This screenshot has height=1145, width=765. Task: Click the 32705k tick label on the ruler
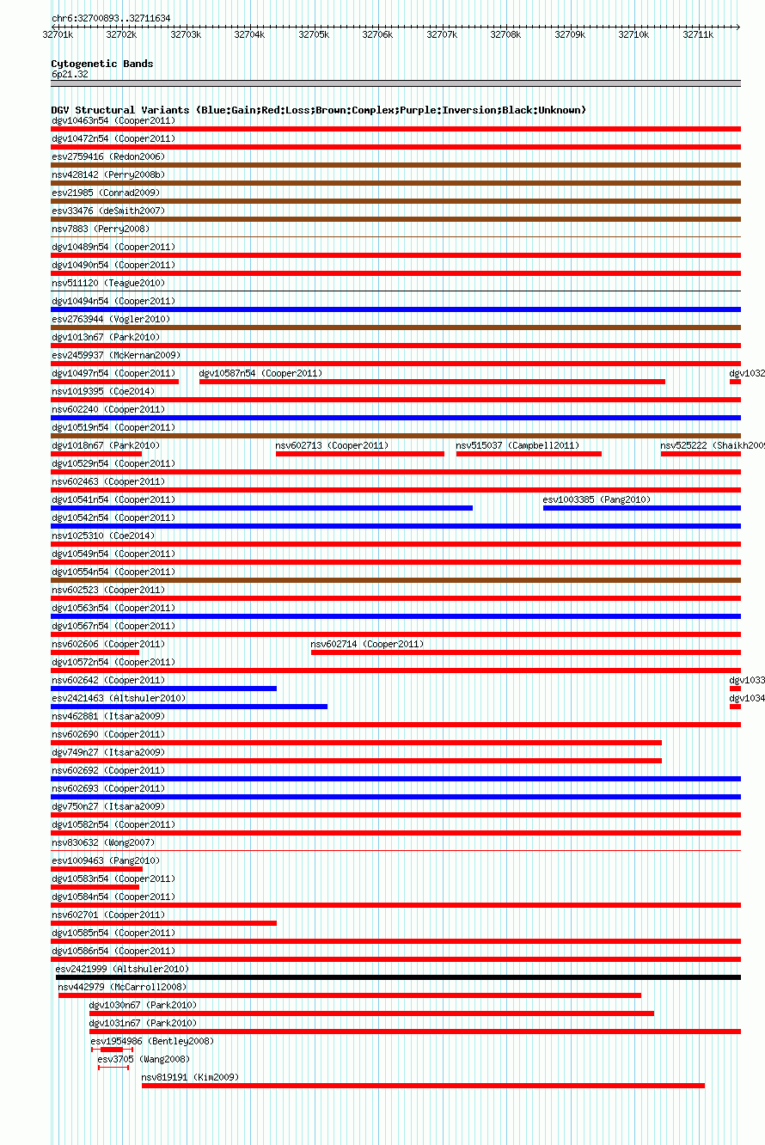[314, 34]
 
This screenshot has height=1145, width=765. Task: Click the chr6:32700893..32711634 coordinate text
[110, 18]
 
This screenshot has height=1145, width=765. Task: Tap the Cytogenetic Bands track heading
[101, 64]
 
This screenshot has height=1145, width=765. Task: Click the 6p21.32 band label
[70, 74]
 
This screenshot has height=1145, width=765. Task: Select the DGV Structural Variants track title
[318, 110]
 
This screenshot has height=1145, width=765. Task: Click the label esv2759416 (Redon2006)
[107, 156]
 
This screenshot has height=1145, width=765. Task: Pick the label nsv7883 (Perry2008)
[100, 229]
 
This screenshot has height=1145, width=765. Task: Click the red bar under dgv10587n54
[431, 382]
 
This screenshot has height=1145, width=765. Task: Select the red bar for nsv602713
[359, 454]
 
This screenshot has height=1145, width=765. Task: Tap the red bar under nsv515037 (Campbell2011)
[529, 454]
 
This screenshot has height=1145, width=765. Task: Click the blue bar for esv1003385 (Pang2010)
[641, 508]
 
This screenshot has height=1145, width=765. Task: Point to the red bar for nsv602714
[525, 652]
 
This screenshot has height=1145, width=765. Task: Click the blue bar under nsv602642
[163, 689]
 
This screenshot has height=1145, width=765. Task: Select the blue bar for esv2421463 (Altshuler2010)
[189, 707]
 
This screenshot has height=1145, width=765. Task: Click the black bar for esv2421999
[398, 977]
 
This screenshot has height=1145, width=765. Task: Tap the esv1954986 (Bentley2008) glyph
[112, 1050]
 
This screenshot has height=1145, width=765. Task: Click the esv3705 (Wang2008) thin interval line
[113, 1068]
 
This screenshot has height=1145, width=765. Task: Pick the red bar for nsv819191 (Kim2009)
[423, 1086]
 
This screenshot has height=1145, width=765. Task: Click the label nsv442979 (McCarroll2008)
[122, 987]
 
